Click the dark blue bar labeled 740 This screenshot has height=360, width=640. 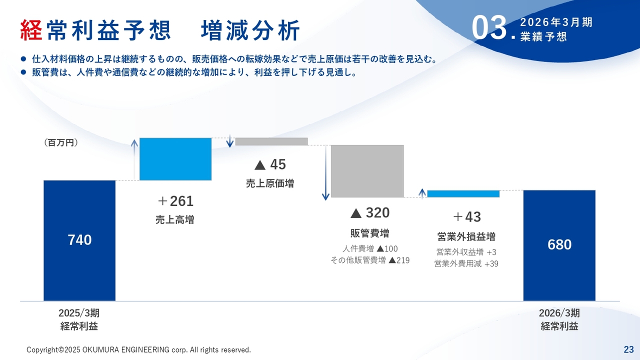tap(79, 240)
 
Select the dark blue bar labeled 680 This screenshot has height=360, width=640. tap(559, 245)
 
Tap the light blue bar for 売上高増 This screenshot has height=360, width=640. tap(175, 159)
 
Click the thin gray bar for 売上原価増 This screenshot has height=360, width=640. tap(271, 141)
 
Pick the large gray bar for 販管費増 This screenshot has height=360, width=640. tap(367, 171)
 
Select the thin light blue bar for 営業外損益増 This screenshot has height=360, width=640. tap(463, 193)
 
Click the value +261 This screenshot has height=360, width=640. tap(175, 201)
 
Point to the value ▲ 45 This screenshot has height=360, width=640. tap(270, 164)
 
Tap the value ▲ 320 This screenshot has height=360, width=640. tap(370, 213)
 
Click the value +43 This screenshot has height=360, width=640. tap(467, 217)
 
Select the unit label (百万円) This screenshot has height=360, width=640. tap(61, 142)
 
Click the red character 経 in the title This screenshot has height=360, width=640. tap(31, 30)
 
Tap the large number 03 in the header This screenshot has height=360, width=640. tap(489, 28)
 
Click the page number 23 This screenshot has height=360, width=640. tap(629, 349)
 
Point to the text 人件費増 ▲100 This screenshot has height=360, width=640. tap(370, 248)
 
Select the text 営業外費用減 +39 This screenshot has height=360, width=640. tap(466, 263)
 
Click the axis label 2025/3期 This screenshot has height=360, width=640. tap(79, 313)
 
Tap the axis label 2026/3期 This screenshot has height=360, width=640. tap(559, 313)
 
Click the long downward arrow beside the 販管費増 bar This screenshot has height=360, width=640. tap(325, 172)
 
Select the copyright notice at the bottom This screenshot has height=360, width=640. tap(138, 349)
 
